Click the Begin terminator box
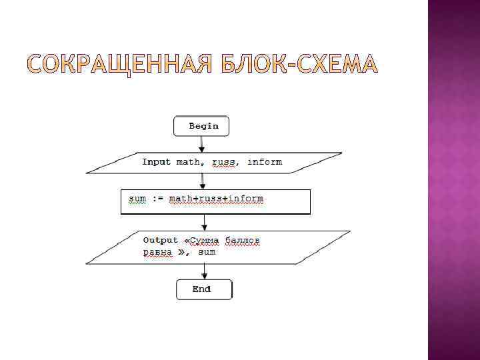[201, 125]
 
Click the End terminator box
[203, 289]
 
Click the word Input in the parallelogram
[157, 162]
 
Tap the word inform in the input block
[265, 162]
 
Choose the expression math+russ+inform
[216, 199]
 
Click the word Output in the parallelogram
[161, 240]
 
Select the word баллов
[242, 240]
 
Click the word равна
[158, 252]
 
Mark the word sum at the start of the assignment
[137, 199]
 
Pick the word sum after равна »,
[207, 252]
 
